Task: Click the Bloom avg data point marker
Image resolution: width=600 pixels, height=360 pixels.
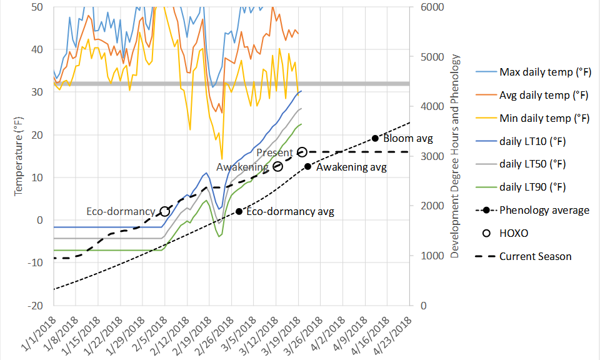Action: (375, 138)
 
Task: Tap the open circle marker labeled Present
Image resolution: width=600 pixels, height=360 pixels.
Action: (302, 152)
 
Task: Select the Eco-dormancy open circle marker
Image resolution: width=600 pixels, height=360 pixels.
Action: (165, 211)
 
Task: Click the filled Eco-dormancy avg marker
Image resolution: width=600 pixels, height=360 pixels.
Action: (239, 211)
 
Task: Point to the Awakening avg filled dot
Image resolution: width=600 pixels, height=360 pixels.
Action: (307, 166)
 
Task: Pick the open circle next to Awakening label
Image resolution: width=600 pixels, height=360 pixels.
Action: (278, 166)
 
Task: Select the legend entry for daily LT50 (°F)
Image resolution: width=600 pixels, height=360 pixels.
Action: (532, 164)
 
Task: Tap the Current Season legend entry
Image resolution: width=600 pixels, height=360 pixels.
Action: (535, 256)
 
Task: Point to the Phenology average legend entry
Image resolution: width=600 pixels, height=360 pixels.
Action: (544, 210)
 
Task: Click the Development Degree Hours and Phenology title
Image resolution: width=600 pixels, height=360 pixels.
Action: (456, 157)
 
